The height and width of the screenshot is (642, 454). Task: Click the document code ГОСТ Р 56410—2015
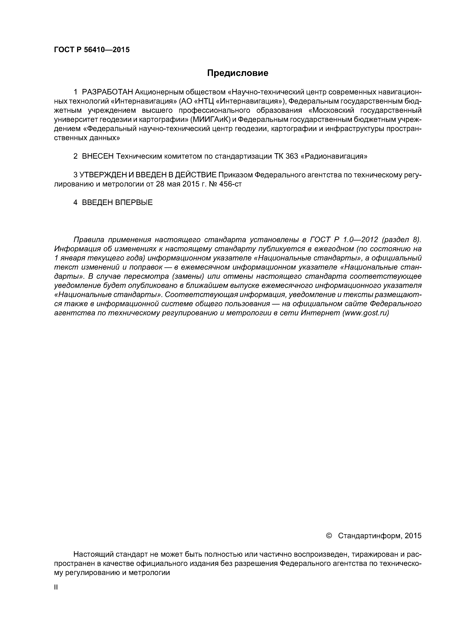(92, 50)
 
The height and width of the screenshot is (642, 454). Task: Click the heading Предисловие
(237, 73)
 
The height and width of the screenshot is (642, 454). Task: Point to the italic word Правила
(89, 240)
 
